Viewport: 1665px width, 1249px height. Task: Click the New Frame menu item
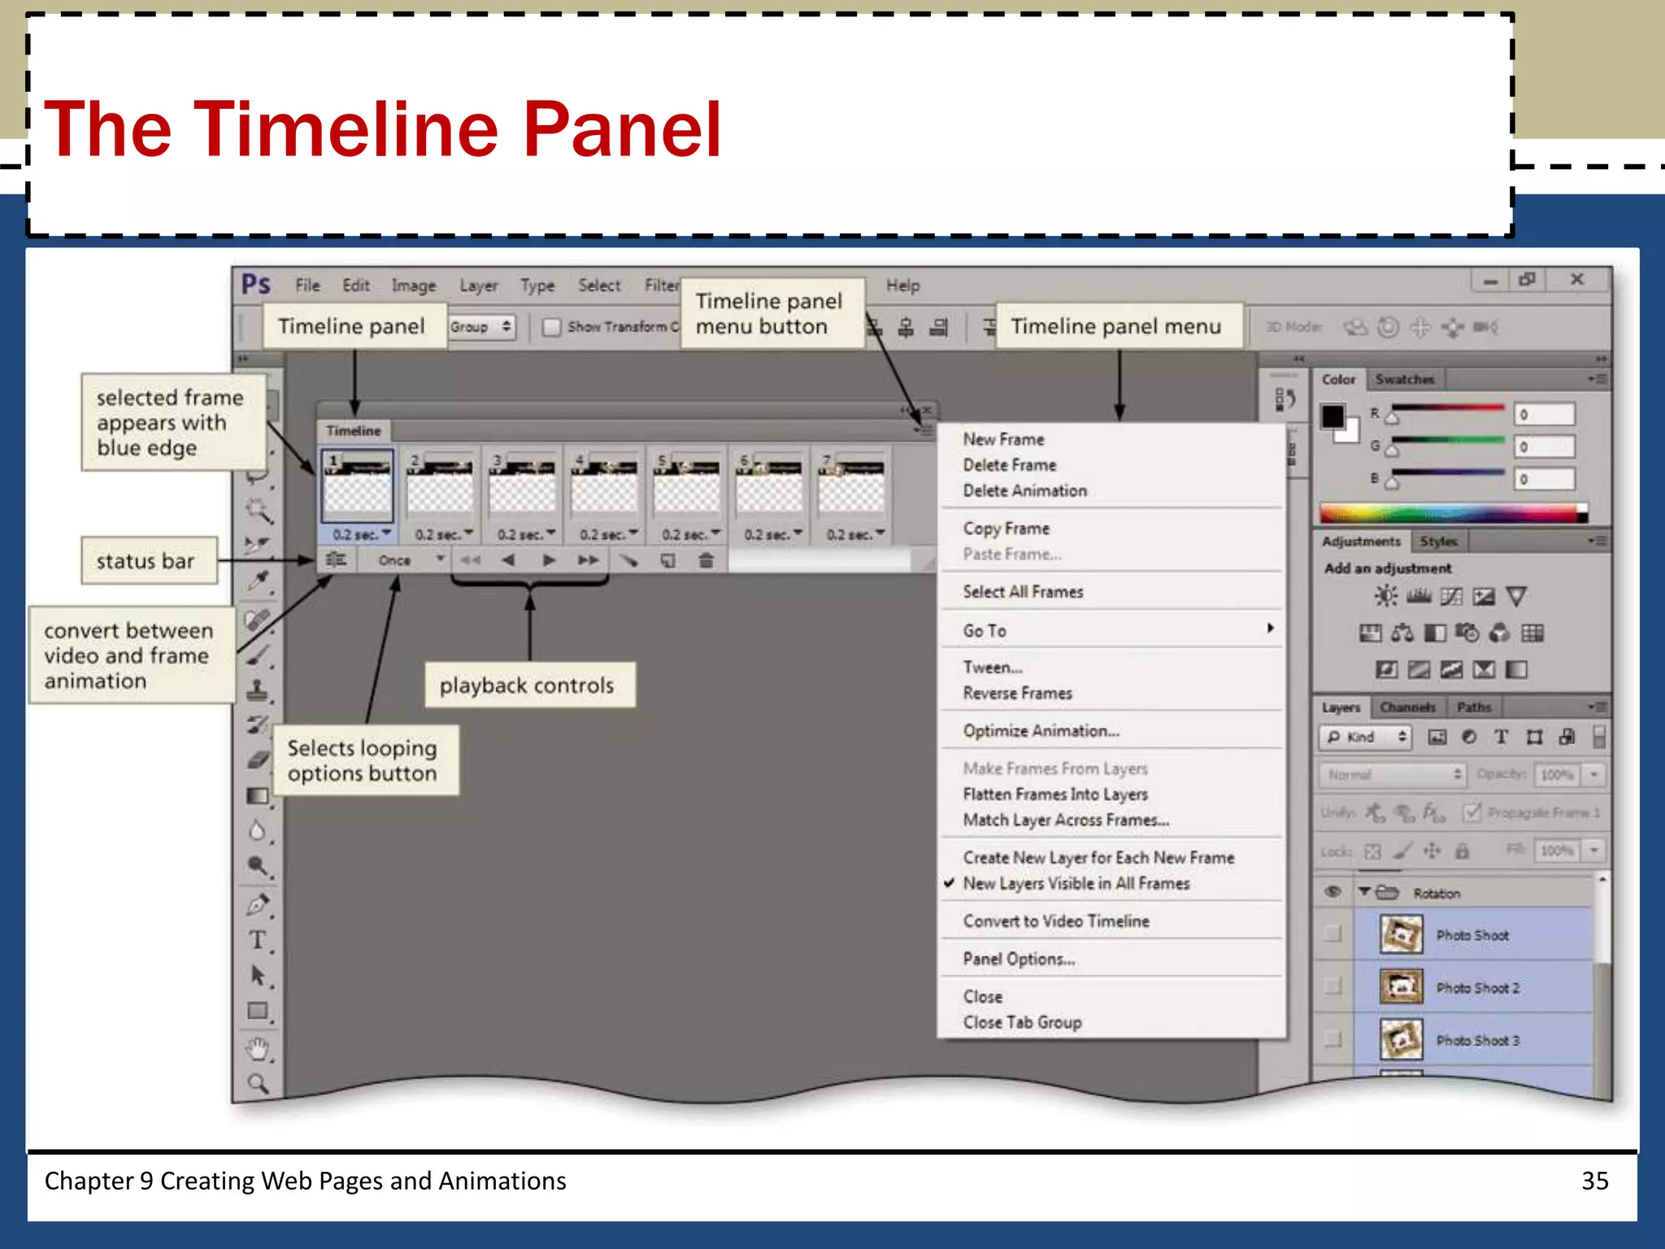click(x=1003, y=439)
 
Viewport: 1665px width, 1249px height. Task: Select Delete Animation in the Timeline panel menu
click(x=1024, y=490)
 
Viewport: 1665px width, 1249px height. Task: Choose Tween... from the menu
click(x=993, y=668)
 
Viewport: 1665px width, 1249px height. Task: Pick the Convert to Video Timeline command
click(x=1056, y=921)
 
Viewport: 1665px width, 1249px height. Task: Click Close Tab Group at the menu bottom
click(x=1022, y=1022)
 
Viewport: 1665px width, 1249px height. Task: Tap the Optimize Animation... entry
click(x=1041, y=731)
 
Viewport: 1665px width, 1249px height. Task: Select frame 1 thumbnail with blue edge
click(x=358, y=486)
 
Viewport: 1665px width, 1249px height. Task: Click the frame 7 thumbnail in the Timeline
click(x=851, y=486)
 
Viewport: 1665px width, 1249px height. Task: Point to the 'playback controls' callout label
click(x=527, y=685)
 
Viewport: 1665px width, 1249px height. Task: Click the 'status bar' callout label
click(x=146, y=561)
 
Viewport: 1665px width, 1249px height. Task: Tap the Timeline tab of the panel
click(x=354, y=431)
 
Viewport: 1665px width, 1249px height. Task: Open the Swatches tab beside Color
click(x=1404, y=380)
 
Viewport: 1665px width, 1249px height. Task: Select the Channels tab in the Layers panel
click(x=1407, y=707)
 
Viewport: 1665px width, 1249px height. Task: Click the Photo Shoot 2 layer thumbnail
click(x=1401, y=987)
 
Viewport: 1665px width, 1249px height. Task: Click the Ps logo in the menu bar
click(x=256, y=285)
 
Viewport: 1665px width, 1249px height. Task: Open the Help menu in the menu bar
click(x=902, y=285)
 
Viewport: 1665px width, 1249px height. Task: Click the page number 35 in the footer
click(x=1594, y=1181)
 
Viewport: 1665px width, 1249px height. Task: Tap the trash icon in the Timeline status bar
click(x=706, y=560)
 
